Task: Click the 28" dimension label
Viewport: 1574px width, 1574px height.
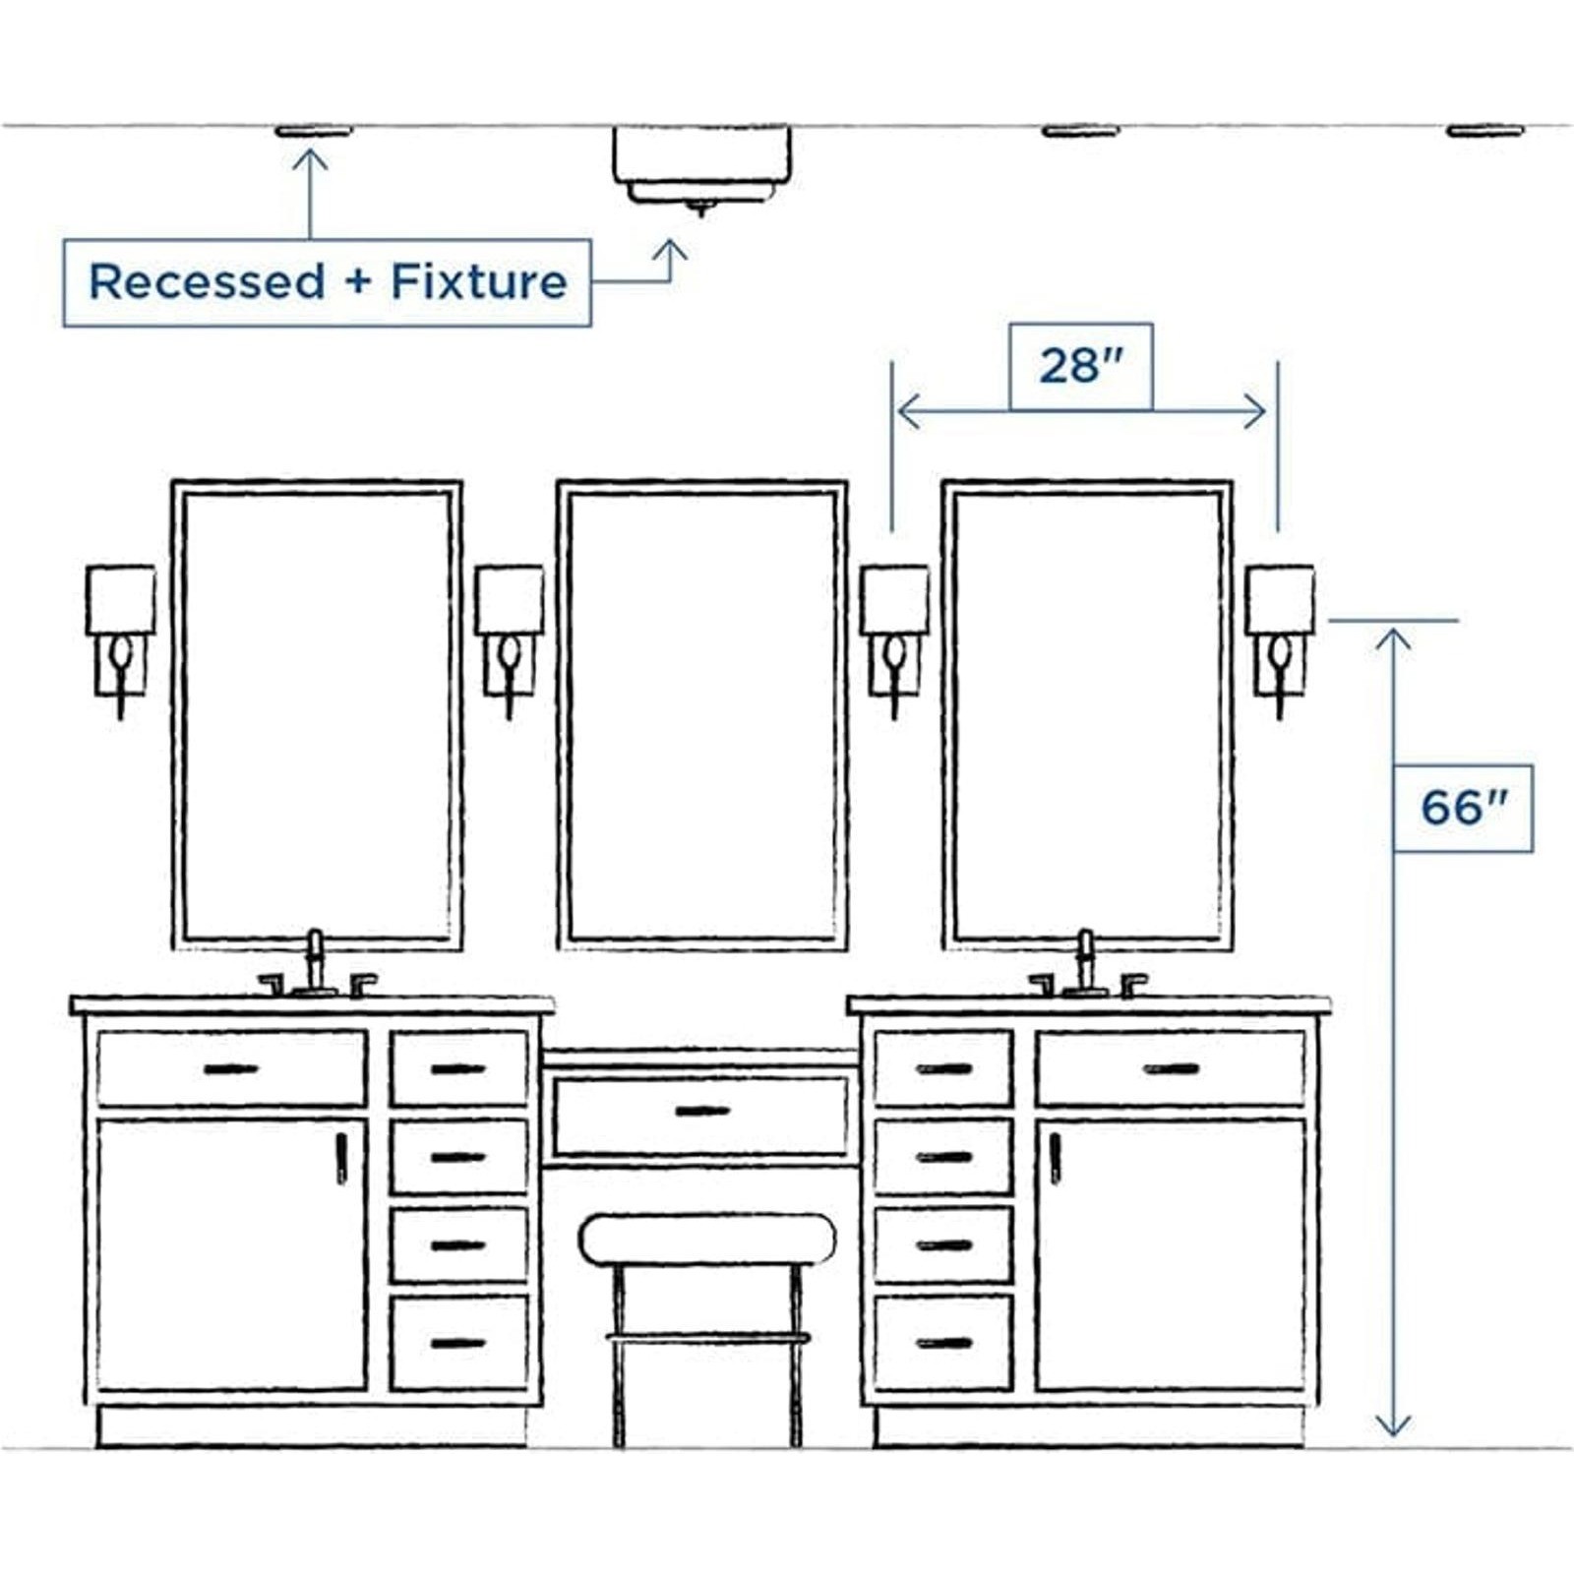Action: pos(1080,366)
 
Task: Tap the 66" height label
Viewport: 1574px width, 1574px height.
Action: pos(1463,808)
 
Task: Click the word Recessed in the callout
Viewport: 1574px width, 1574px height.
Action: pos(207,281)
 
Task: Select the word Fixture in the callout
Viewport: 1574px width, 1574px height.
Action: pos(479,281)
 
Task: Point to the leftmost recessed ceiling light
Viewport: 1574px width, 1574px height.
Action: pos(313,131)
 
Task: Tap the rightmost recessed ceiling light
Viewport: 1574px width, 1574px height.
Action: pos(1484,131)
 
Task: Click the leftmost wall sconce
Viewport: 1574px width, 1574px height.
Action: pos(120,639)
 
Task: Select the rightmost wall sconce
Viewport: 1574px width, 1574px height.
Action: pos(1279,639)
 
